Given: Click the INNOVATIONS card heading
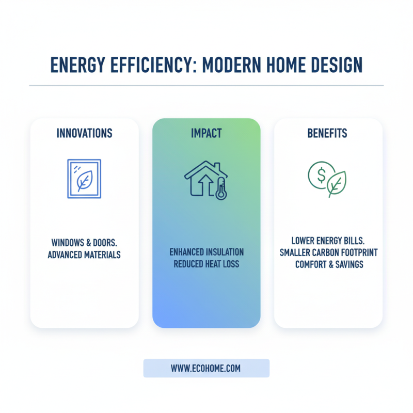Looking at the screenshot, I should coord(84,134).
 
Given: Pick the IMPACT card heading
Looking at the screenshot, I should coord(206,134).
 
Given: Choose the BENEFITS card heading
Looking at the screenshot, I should coord(327,134).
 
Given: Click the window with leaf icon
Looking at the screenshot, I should coord(84,179).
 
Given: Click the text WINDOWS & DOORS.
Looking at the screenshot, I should coord(84,243).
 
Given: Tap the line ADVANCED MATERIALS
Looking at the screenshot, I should coord(84,255).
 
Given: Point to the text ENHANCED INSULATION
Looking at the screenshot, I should coord(206,252).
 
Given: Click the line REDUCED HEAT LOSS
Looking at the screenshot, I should coord(206,264).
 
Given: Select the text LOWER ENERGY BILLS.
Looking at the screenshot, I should coord(328,241).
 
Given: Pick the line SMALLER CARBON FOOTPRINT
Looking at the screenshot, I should coord(328,252).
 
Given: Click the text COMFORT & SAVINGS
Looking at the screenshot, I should coord(328,264).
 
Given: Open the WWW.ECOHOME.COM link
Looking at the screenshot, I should coord(206,369).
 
